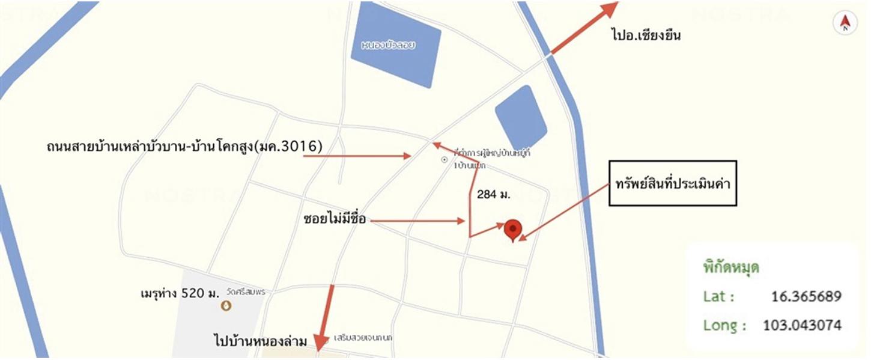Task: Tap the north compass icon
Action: click(845, 23)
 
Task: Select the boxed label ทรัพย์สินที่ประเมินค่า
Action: click(672, 183)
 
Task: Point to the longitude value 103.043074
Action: click(802, 326)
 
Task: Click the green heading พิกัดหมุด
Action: click(731, 267)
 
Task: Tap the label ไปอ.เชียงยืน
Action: click(646, 35)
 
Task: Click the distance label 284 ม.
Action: click(493, 194)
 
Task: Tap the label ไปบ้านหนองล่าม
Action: click(261, 341)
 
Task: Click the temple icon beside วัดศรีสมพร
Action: click(226, 305)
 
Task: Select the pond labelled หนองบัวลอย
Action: click(395, 47)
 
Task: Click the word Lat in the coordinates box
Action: click(718, 297)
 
